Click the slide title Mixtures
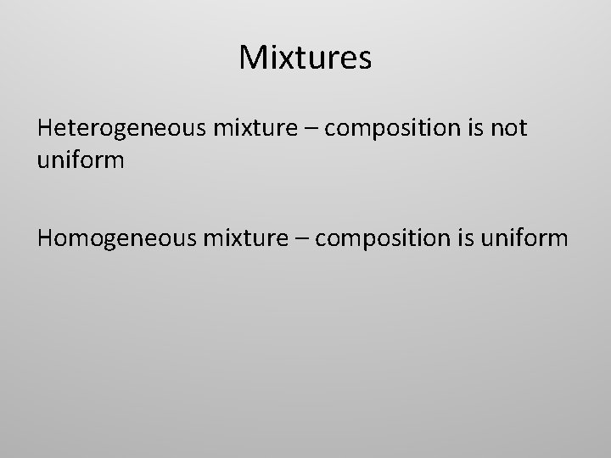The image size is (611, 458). click(x=305, y=59)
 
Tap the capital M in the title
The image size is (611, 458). click(x=254, y=59)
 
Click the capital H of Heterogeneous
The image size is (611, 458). click(x=45, y=128)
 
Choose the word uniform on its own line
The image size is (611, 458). click(x=81, y=159)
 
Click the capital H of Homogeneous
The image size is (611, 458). click(x=45, y=237)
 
